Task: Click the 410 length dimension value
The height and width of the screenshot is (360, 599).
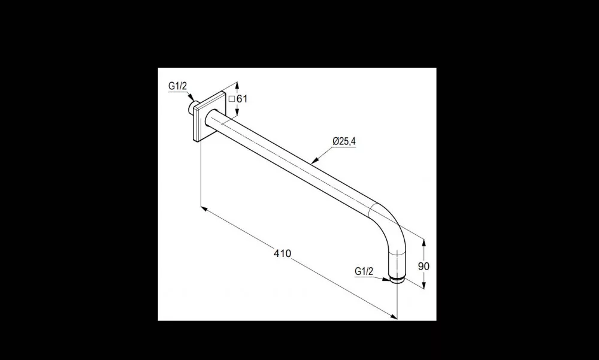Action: (282, 253)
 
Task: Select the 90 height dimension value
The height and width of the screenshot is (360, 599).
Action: (423, 267)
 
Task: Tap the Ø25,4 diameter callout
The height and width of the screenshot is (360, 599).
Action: (344, 141)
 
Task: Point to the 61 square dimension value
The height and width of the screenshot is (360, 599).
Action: (242, 99)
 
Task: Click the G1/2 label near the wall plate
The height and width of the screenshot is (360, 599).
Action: (178, 86)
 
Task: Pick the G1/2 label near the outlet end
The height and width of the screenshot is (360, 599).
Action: (364, 271)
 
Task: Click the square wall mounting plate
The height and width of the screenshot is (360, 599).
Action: (209, 117)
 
